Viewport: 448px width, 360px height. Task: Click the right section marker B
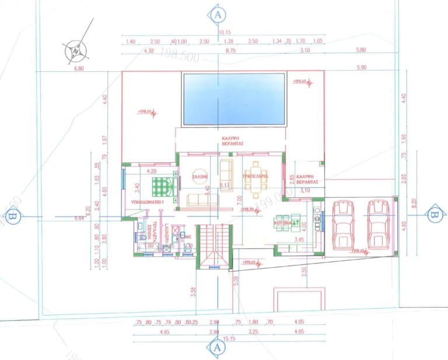point(433,215)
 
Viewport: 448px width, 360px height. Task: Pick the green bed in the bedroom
point(159,186)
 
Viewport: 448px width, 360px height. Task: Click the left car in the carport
point(342,224)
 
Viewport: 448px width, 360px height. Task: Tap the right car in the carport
point(378,224)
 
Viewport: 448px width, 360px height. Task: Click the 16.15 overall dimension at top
point(225,33)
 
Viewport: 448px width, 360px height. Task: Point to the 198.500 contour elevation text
point(178,58)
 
